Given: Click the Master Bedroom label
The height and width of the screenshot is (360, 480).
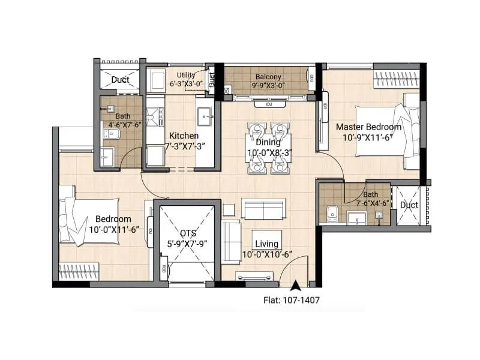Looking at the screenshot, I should pos(368,127).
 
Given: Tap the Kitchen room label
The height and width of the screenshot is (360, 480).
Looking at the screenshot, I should pos(184,136).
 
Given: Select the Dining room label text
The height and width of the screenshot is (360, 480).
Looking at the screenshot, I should pos(268,142).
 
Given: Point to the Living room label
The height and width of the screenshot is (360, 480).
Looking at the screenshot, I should pos(267,244).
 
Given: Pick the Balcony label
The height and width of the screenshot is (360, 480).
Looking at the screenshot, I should pos(268,77).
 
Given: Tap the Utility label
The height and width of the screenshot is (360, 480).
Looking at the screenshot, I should pos(186,75).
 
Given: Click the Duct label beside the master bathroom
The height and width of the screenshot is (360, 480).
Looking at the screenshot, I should pos(409,205).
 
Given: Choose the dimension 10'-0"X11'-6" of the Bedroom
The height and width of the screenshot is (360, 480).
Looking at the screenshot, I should pos(118,229).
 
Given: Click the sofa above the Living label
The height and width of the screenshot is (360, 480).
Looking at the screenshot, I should pos(262,209).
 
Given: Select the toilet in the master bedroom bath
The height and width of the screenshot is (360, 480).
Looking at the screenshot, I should pos(332,213).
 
